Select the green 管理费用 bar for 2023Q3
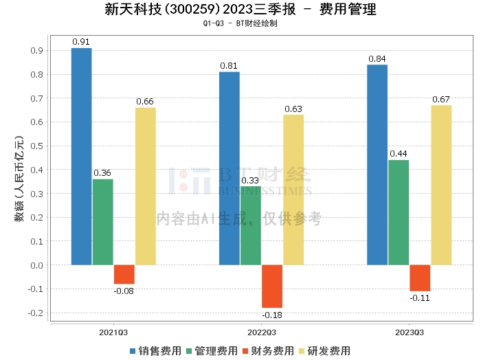[399, 212]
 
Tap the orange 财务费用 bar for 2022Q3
[272, 286]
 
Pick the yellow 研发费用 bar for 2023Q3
[441, 185]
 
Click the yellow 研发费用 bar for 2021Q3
[145, 186]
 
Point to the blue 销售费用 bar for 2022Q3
[230, 168]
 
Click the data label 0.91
[82, 41]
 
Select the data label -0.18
[272, 315]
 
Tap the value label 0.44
[399, 153]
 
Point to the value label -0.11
[420, 298]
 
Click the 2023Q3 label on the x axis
[410, 332]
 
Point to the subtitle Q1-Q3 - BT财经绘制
[240, 23]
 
